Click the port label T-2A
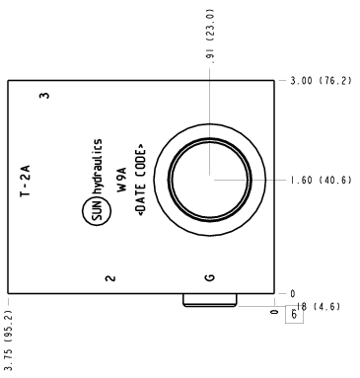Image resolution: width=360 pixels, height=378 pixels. [26, 181]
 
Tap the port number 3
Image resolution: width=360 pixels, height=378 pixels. [44, 96]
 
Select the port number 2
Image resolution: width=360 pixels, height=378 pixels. [110, 278]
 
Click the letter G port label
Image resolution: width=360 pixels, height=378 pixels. [209, 278]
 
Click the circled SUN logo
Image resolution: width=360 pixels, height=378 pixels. [97, 210]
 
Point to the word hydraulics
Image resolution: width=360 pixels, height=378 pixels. [97, 167]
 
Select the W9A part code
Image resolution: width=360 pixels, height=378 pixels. [121, 180]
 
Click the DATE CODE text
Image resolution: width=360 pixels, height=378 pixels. [141, 180]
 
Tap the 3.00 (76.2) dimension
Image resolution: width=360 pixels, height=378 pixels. [321, 81]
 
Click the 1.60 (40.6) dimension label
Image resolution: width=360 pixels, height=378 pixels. [321, 181]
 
